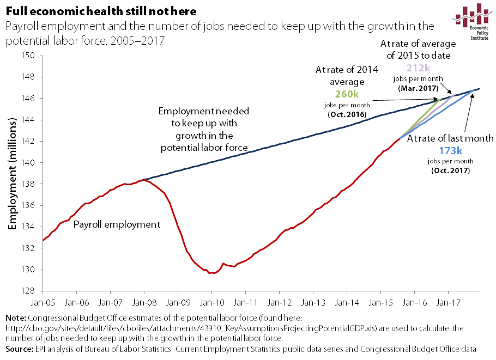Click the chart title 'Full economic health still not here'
tap(101, 11)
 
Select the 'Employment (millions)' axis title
tap(11, 173)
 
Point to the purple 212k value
tap(418, 68)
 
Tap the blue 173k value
tap(450, 151)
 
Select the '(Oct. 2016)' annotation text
tap(346, 113)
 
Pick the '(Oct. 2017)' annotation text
tap(450, 170)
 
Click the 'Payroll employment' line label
tap(117, 224)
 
